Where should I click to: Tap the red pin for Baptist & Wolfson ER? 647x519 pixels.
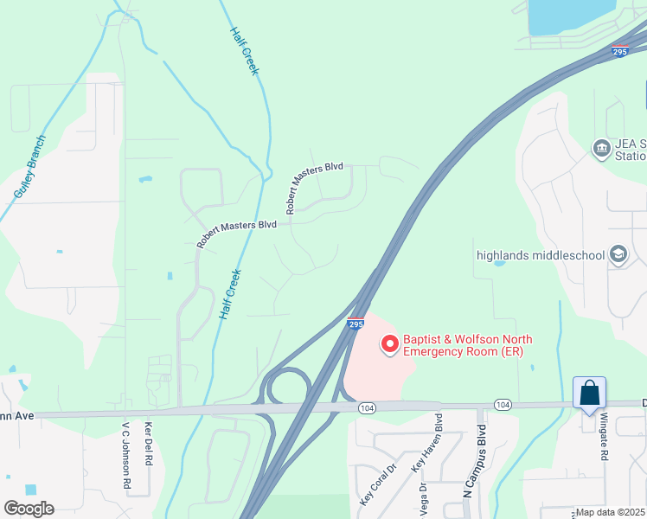tap(389, 345)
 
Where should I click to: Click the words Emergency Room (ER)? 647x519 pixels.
tap(459, 352)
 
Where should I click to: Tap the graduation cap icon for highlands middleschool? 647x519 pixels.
tap(618, 254)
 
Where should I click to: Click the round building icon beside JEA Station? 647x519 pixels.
tap(600, 149)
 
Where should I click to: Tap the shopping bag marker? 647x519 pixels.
tap(589, 393)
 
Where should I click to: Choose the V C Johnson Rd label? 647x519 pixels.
tap(126, 455)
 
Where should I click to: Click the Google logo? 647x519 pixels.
tap(29, 509)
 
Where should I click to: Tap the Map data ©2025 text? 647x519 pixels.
tap(611, 512)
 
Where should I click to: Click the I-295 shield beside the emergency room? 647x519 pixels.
tap(356, 324)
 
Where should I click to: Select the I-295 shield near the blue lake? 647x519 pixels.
tap(619, 51)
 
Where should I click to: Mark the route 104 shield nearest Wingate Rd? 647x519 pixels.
tap(503, 405)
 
